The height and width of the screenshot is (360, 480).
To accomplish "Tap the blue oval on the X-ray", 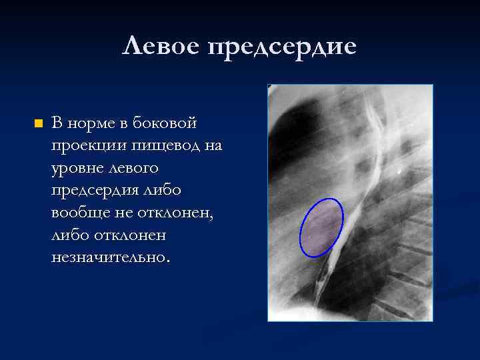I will pos(321,227).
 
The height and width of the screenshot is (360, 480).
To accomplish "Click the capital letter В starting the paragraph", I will pos(57,123).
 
